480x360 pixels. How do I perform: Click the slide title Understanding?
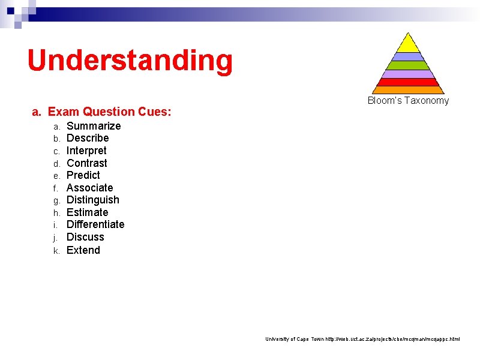point(130,61)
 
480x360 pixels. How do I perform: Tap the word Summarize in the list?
point(94,126)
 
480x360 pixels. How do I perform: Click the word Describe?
point(88,138)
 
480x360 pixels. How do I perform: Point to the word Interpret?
point(86,151)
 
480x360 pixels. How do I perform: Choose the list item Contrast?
point(87,163)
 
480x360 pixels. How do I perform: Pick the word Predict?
point(83,175)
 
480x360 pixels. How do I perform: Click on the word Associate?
point(89,188)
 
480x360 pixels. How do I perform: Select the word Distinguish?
point(93,200)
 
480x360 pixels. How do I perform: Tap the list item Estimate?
point(88,212)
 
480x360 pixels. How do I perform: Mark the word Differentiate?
point(95,224)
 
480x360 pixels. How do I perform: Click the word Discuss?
point(85,237)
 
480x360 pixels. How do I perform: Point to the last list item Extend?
point(83,250)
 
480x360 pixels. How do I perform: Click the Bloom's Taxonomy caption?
point(408,101)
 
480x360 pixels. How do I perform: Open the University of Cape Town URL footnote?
point(362,339)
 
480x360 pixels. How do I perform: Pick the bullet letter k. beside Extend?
point(56,251)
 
